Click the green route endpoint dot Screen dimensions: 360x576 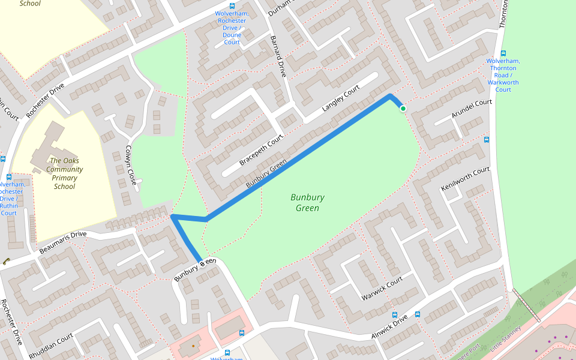click(x=403, y=109)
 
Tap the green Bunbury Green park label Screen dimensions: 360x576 click(x=307, y=203)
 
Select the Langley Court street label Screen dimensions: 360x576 click(x=341, y=98)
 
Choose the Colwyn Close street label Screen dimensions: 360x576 click(x=130, y=164)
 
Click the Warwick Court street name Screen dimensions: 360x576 click(x=382, y=289)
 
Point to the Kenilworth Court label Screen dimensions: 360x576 click(x=466, y=179)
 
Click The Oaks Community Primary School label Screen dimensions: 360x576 click(x=64, y=173)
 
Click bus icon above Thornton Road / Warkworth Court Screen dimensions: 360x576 click(x=503, y=53)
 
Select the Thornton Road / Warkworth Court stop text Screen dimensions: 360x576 click(x=503, y=76)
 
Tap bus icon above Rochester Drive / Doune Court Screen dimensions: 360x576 click(x=232, y=5)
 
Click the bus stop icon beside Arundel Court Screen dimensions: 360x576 click(x=487, y=140)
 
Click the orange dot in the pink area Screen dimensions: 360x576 click(x=193, y=346)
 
